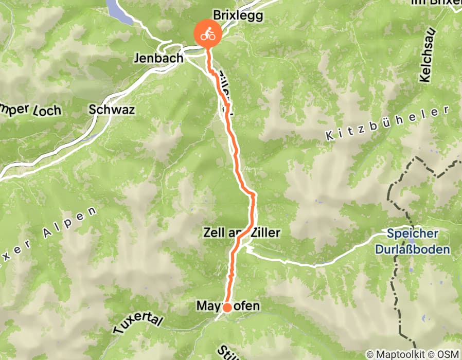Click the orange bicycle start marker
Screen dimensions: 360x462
[207, 35]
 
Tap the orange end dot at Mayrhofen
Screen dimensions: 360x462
[226, 308]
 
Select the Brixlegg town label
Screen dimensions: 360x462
[237, 16]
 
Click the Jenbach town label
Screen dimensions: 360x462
[158, 58]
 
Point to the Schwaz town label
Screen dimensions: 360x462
[112, 110]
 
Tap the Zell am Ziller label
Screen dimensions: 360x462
[242, 233]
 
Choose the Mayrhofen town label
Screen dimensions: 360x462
[228, 306]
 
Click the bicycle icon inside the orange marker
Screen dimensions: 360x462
[208, 35]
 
